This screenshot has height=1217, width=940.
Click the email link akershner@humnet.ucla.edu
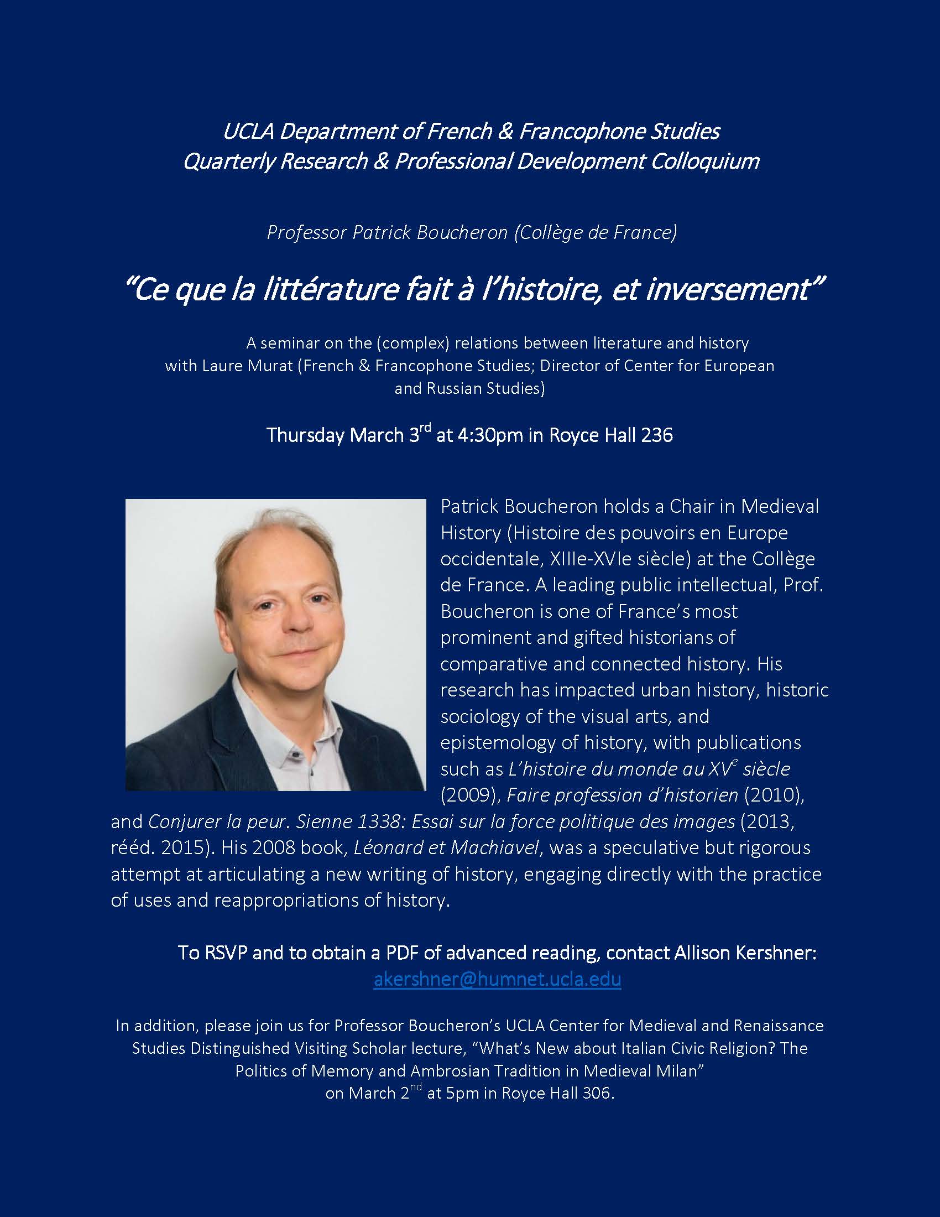[497, 979]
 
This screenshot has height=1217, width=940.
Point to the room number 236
[657, 435]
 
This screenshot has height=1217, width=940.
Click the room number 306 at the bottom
[597, 1093]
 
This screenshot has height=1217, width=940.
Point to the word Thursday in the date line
[306, 435]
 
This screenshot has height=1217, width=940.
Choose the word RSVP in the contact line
[226, 953]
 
